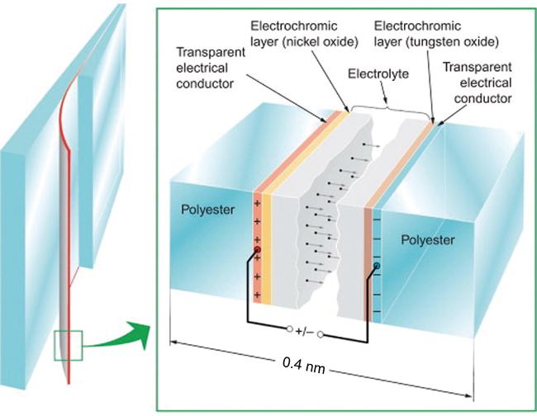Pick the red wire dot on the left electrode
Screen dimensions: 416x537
click(x=258, y=248)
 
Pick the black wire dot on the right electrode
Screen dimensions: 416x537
click(x=377, y=267)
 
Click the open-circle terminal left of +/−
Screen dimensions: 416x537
click(x=289, y=330)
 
